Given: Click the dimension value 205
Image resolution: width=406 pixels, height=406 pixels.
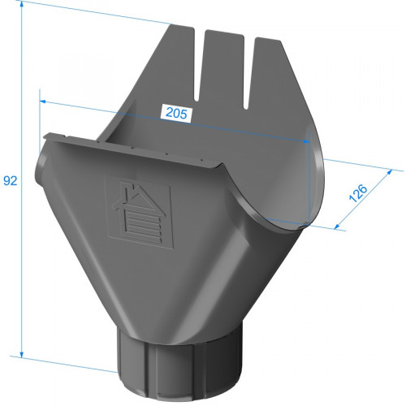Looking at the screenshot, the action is pyautogui.click(x=176, y=113).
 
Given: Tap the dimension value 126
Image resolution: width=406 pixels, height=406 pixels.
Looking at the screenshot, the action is pyautogui.click(x=358, y=193).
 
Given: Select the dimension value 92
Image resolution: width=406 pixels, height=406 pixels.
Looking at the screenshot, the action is pyautogui.click(x=11, y=180).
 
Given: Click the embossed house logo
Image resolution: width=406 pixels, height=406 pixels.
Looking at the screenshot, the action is pyautogui.click(x=139, y=212).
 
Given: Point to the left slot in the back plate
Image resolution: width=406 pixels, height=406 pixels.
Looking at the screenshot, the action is pyautogui.click(x=199, y=64).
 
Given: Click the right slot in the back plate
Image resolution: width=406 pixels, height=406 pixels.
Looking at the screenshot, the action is pyautogui.click(x=249, y=72).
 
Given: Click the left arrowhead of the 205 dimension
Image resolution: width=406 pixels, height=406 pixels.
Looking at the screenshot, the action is pyautogui.click(x=43, y=101).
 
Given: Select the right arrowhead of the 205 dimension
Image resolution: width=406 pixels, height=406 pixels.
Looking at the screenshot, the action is pyautogui.click(x=306, y=141).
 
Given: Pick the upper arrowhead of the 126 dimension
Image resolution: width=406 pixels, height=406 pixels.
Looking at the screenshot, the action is pyautogui.click(x=389, y=172).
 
